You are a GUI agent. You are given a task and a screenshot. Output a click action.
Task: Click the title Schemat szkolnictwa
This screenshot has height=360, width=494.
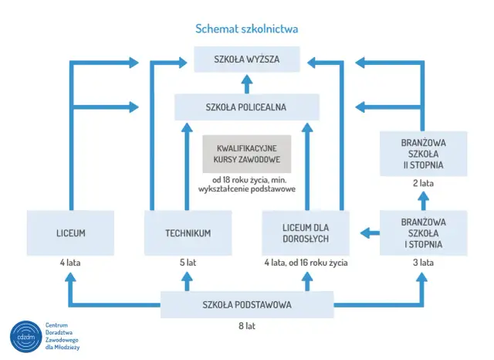246,29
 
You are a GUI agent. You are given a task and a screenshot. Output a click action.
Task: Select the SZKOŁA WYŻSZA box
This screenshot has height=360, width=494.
246,59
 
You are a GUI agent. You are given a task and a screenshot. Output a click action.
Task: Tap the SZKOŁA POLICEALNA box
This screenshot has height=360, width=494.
246,107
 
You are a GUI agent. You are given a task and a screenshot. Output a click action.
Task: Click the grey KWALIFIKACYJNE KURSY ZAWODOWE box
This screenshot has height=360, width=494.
246,154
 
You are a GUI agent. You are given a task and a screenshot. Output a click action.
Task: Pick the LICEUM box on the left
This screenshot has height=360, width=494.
70,233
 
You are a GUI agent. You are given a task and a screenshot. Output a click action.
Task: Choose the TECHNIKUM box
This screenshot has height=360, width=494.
188,233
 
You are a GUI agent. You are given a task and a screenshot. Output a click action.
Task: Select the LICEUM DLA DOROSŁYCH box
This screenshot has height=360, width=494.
306,233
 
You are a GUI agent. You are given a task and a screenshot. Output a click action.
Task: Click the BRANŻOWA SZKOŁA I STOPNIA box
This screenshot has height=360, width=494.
423,233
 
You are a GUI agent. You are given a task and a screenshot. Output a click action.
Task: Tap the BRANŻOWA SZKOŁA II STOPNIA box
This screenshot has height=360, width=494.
423,154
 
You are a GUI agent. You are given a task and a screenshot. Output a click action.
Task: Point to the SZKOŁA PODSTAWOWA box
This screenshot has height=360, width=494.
246,304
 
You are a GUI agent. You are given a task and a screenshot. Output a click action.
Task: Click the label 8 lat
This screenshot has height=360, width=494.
246,326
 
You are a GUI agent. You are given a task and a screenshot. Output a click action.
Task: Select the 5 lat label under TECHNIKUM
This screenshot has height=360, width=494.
188,263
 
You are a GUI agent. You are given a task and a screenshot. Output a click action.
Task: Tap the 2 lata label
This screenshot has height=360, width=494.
423,184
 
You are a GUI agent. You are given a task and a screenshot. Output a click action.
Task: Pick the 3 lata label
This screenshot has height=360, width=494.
423,263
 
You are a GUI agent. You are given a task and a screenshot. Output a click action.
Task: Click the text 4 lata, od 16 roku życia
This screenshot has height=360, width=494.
306,263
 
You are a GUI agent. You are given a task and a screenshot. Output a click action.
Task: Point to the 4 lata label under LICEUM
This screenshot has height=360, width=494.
70,263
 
